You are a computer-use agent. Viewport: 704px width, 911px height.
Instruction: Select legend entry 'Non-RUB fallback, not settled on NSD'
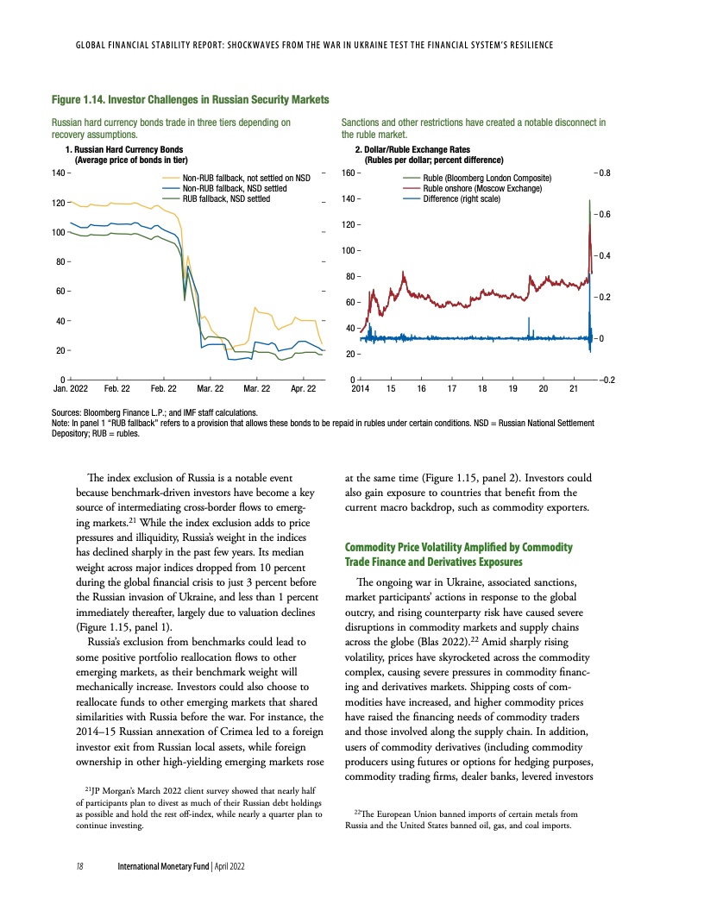(x=246, y=178)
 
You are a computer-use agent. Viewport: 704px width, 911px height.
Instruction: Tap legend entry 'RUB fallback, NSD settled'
(x=225, y=198)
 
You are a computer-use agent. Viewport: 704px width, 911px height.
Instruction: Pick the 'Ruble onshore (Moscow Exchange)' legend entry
(x=485, y=188)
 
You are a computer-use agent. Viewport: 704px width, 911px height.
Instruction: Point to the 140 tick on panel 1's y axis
(x=60, y=173)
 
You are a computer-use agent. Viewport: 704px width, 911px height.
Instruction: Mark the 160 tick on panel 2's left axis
(x=349, y=173)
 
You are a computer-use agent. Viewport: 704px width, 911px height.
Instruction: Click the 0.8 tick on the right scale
(x=605, y=173)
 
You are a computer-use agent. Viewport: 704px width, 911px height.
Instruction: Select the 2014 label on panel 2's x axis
(x=361, y=390)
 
